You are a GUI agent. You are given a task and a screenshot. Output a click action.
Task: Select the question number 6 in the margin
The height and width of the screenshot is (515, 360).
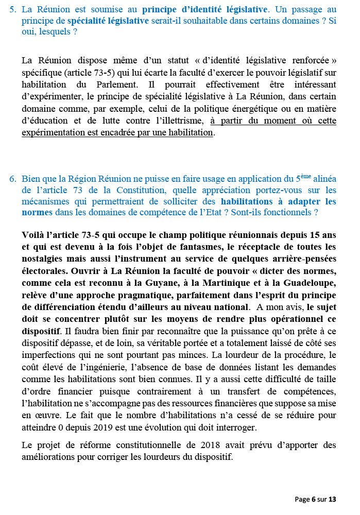(x=12, y=179)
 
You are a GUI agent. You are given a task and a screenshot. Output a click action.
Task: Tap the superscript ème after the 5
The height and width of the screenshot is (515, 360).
(x=304, y=177)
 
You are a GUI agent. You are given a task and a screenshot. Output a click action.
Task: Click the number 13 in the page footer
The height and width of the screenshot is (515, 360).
(x=332, y=499)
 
